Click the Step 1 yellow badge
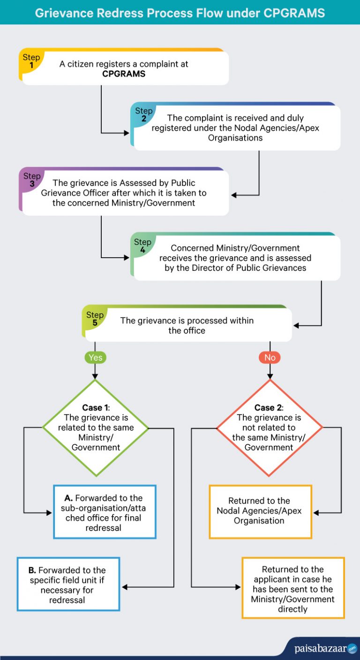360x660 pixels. point(31,61)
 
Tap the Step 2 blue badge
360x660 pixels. point(144,115)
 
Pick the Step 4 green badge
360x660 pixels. point(143,246)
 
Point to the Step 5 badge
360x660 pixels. point(95,319)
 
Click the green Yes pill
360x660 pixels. point(95,357)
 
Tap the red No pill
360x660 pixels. point(270,357)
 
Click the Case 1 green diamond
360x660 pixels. point(96,428)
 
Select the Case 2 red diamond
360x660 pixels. point(269,428)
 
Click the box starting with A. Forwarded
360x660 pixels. point(104,512)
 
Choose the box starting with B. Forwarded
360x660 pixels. point(68,584)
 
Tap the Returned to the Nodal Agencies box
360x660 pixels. point(260,511)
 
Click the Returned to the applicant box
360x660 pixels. point(293,588)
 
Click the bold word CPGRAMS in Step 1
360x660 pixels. point(124,74)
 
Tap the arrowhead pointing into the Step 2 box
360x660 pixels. point(127,133)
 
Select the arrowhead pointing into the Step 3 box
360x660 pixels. point(233,194)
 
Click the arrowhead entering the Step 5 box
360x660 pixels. point(296,325)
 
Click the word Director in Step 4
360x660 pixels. point(207,268)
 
